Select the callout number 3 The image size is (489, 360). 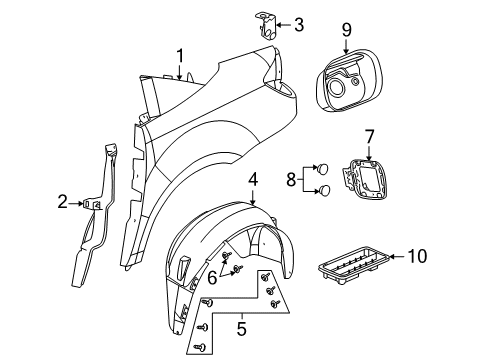coord(299,25)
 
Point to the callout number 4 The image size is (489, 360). coord(254,179)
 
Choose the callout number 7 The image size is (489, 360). coord(368,133)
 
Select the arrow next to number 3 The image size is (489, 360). coord(280,25)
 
